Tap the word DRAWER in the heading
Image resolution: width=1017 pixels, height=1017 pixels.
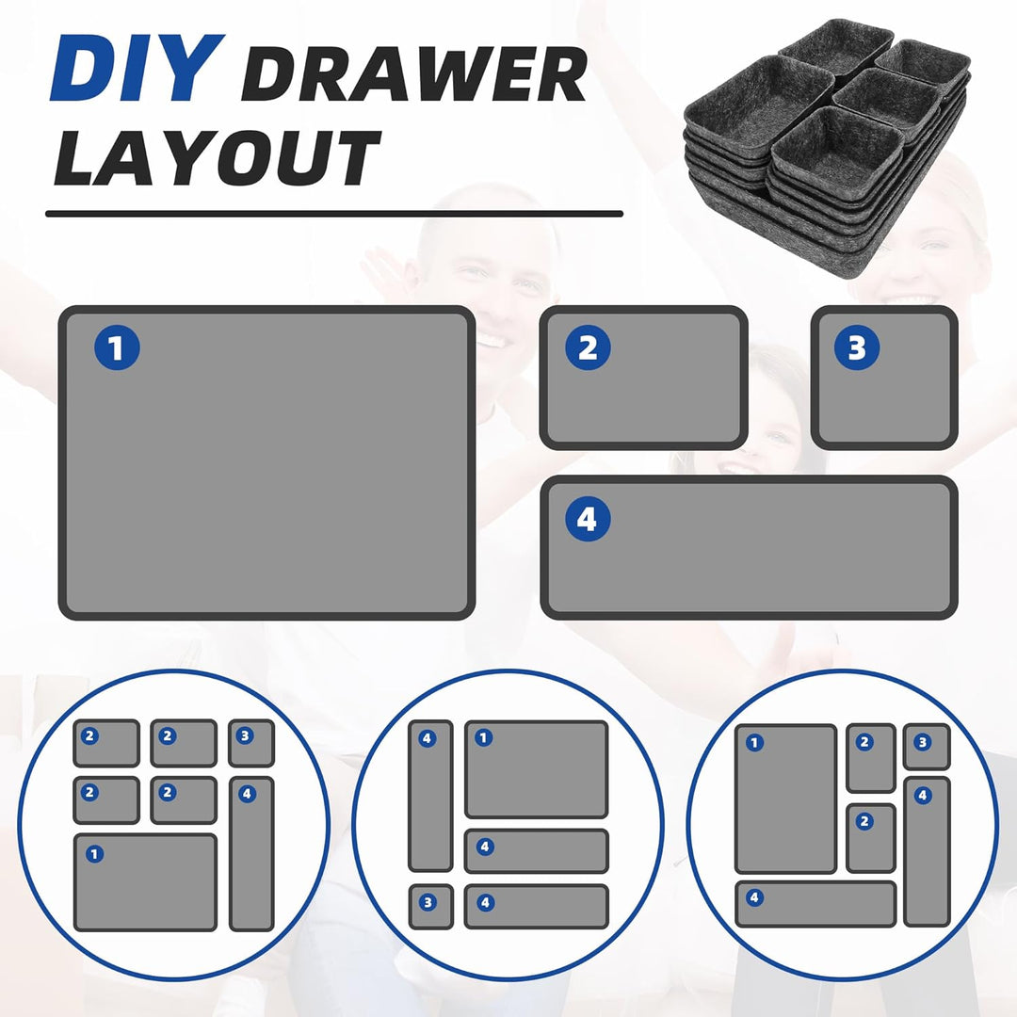click(x=413, y=76)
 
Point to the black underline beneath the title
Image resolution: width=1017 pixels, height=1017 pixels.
click(x=334, y=214)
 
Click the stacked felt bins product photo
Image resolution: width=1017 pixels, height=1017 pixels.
click(x=828, y=148)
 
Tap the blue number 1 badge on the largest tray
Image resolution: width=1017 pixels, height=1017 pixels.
click(x=117, y=347)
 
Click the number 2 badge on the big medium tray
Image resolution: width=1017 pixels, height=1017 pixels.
click(x=588, y=347)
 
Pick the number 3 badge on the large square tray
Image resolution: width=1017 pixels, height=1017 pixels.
click(x=857, y=347)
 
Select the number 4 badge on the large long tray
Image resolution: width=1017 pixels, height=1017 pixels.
click(x=588, y=519)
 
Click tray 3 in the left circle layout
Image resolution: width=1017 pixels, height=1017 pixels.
click(x=251, y=743)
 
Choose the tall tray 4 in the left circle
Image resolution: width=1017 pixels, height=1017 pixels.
click(x=251, y=853)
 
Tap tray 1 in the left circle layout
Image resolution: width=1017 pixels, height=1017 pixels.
click(x=145, y=882)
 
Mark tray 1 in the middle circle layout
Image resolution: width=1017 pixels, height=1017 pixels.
click(x=537, y=769)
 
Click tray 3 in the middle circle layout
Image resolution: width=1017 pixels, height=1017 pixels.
click(x=430, y=906)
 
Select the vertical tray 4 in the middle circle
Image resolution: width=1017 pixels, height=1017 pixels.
click(x=430, y=796)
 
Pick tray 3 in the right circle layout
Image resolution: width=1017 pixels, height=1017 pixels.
click(x=927, y=747)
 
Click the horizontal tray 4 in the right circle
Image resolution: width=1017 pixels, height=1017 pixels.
click(x=815, y=904)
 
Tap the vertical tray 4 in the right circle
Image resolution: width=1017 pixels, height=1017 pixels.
click(x=927, y=851)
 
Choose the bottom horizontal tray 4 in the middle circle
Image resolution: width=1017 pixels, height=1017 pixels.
click(x=537, y=906)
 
